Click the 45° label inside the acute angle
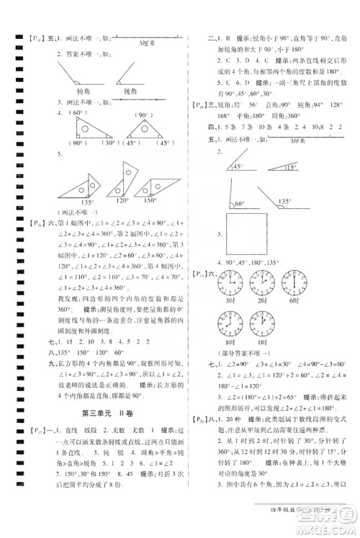(x=240, y=167)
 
